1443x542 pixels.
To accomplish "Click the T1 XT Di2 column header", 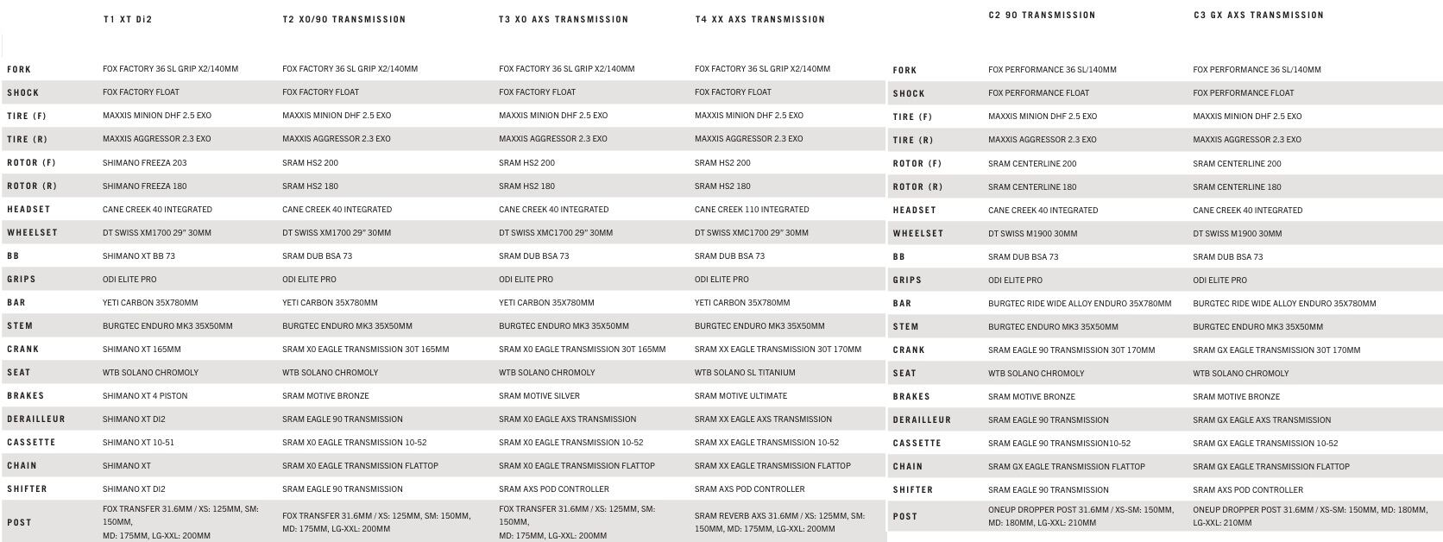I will pos(127,19).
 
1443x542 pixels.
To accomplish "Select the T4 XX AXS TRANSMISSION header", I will pos(759,19).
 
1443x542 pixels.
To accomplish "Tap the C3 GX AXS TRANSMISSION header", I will pos(1257,15).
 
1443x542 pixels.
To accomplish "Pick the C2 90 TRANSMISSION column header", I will pos(1042,15).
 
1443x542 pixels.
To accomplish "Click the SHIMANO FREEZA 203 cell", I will pos(144,162).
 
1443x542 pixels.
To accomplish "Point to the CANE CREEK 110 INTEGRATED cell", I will pos(752,209).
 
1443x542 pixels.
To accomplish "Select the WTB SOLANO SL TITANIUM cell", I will pos(745,372).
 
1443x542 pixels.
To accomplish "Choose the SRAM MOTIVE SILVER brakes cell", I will pos(539,395).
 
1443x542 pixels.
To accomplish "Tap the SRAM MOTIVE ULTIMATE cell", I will pos(740,395).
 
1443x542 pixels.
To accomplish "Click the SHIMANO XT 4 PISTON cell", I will pos(145,395).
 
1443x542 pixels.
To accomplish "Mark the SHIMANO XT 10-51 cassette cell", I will pos(138,442).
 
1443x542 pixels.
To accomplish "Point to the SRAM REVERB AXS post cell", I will pos(779,521).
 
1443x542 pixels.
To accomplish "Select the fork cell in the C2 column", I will pos(1052,70).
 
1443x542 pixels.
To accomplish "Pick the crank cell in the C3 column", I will pos(1276,350).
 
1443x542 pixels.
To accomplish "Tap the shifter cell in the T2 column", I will pos(342,488).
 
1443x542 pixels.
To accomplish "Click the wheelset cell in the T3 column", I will pos(556,232).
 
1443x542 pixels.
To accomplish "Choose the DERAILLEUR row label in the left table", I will pos(36,419).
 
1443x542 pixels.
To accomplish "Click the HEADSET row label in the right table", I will pos(914,210).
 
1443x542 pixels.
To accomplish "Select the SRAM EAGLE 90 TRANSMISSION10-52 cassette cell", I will pos(1059,443).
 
